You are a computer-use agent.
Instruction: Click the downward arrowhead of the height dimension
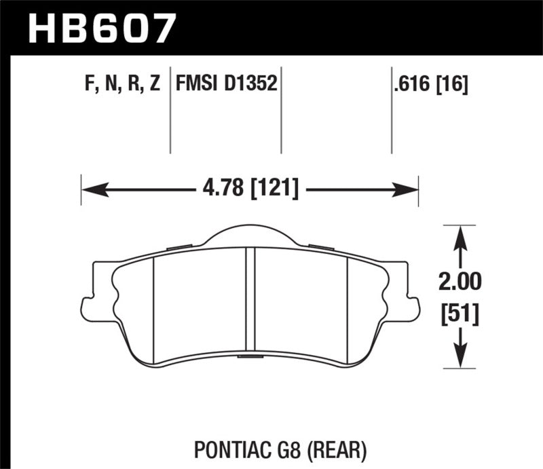coord(461,357)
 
